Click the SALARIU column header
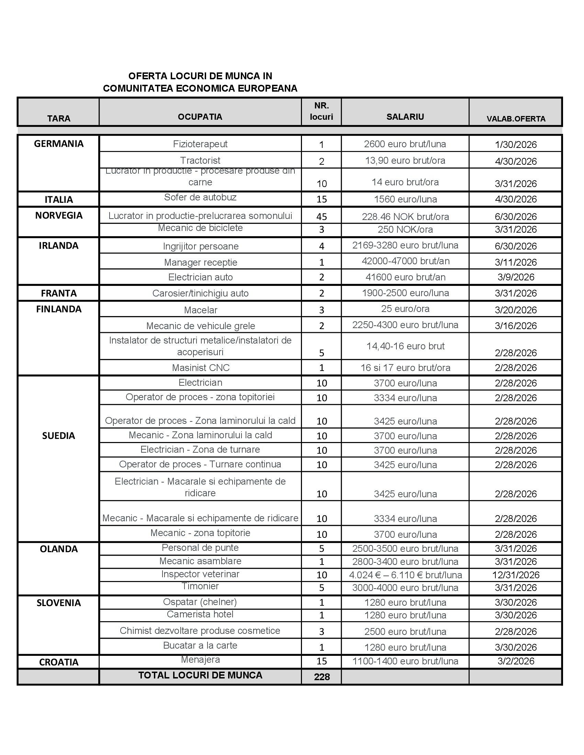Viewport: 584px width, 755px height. (405, 117)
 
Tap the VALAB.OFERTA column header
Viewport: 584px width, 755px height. (516, 119)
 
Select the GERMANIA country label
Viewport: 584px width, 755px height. (58, 144)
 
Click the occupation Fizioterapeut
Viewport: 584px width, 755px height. (200, 144)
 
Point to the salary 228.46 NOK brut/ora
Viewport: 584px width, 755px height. (405, 217)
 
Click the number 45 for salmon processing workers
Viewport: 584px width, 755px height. (322, 217)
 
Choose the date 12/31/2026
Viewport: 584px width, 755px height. (516, 575)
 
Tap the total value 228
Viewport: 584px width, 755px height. (322, 677)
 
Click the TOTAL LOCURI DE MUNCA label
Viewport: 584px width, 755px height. (200, 675)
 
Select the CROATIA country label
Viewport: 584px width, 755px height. (58, 662)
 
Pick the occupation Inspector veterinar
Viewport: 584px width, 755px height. (200, 574)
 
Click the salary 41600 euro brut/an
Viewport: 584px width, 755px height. (405, 277)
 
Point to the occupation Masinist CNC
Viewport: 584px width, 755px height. (201, 368)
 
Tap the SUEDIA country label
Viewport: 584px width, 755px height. (58, 435)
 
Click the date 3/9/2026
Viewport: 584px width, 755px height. (516, 277)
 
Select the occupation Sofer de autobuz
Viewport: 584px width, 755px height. (200, 197)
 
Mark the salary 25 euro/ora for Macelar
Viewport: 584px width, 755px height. (405, 309)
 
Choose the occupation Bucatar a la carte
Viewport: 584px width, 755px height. (200, 646)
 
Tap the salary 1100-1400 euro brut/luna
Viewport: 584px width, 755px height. (405, 661)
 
